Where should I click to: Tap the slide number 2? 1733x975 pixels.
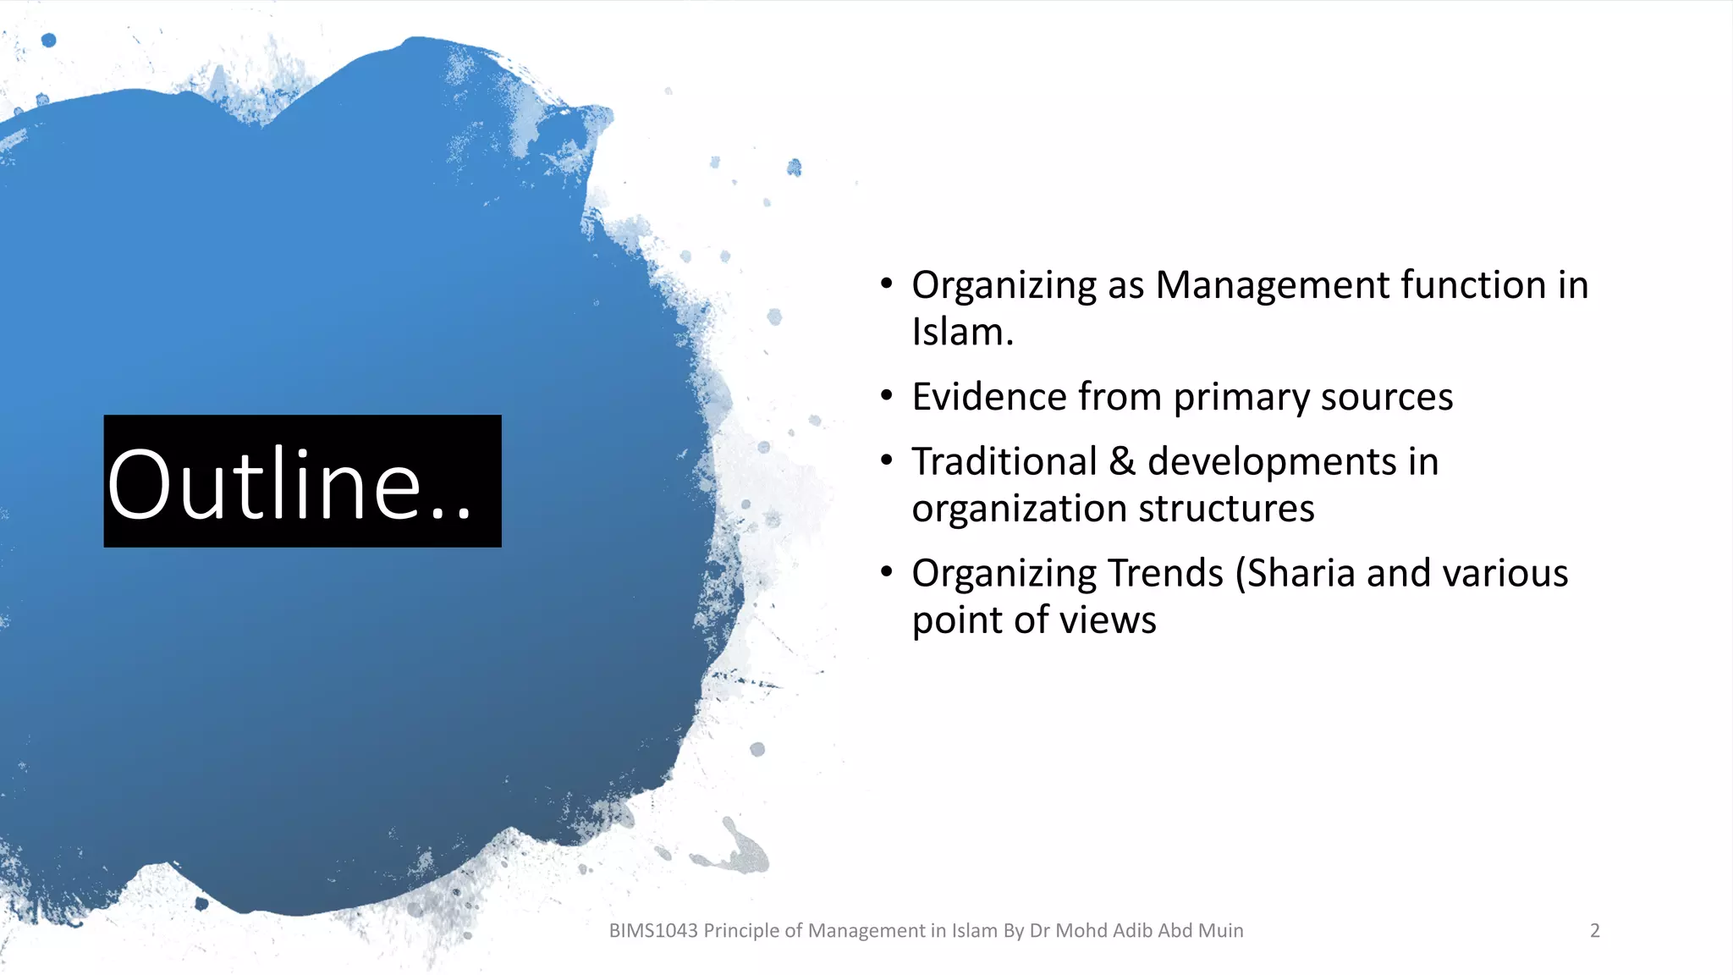coord(1594,930)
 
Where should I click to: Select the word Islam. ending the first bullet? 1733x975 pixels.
coord(962,332)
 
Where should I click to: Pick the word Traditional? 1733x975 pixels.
coord(1004,462)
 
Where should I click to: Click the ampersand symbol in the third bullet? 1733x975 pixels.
coord(1122,462)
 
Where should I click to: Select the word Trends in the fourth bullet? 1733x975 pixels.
coord(1165,574)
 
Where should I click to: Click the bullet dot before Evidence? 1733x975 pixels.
coord(886,395)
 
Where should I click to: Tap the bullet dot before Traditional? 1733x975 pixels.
coord(886,460)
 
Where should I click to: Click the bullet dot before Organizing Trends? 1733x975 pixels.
coord(886,572)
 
